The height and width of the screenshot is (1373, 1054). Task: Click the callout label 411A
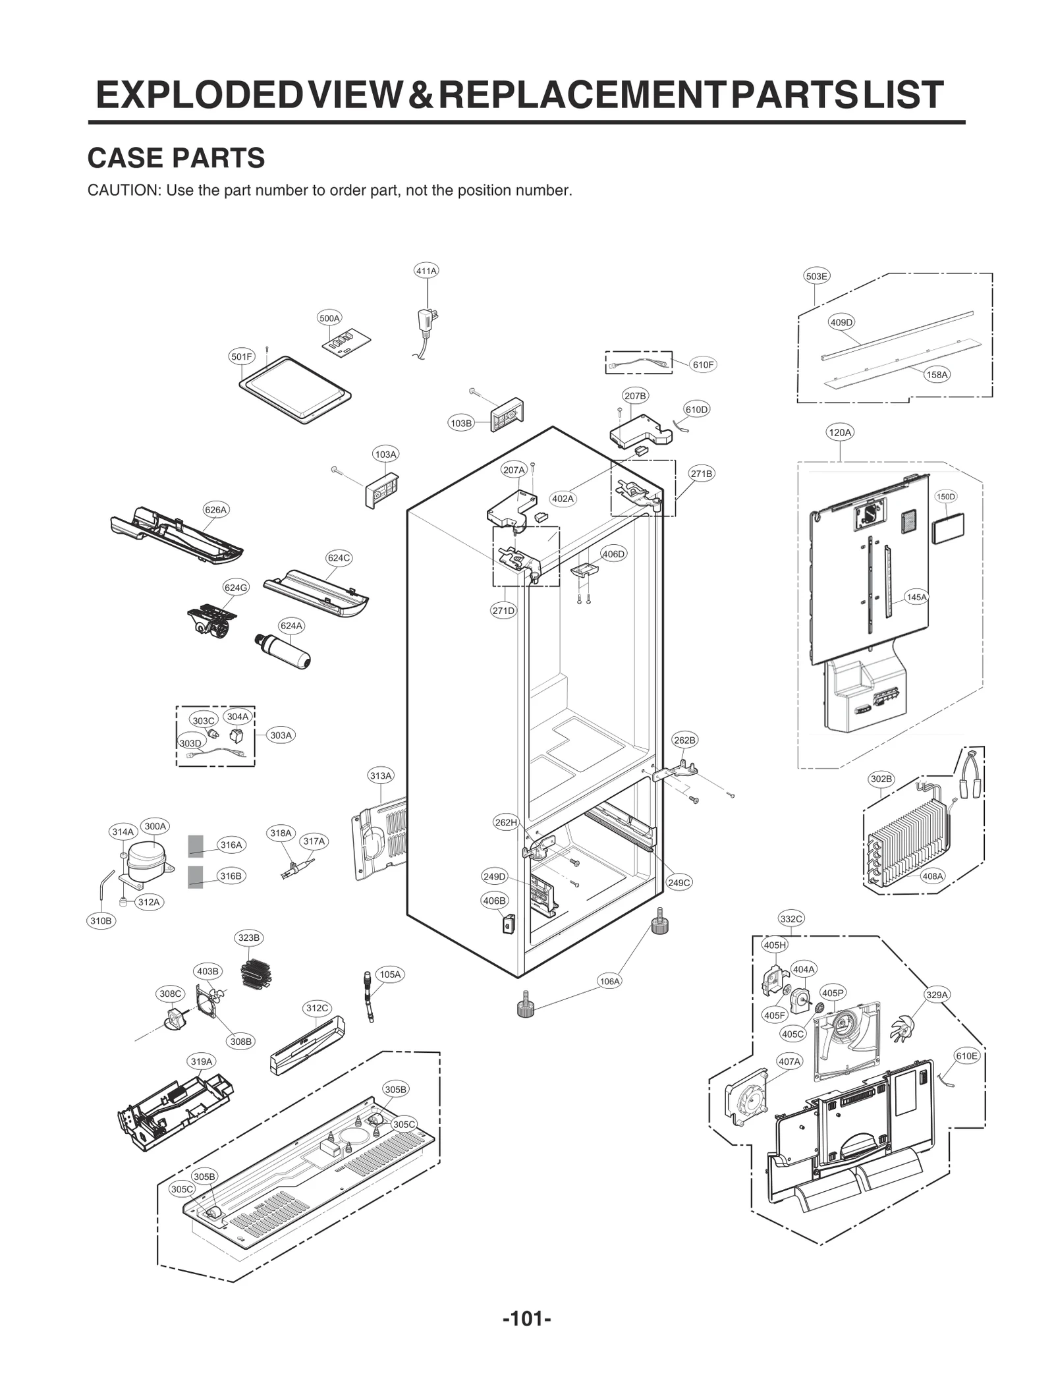click(426, 271)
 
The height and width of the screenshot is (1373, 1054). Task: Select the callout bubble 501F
click(241, 357)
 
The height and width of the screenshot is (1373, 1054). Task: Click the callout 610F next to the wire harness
click(703, 364)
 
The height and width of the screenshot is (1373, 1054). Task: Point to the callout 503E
click(816, 276)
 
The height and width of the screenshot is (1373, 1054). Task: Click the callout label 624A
click(291, 626)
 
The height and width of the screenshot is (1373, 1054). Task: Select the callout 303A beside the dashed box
click(281, 735)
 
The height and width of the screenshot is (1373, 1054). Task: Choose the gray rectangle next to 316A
click(196, 845)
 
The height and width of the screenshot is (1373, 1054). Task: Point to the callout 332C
click(790, 919)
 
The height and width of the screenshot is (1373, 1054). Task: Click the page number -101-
click(526, 1318)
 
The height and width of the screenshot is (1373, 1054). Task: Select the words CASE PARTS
click(176, 158)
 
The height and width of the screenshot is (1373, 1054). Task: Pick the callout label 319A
click(202, 1061)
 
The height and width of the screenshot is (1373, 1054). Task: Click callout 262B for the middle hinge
click(684, 741)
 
